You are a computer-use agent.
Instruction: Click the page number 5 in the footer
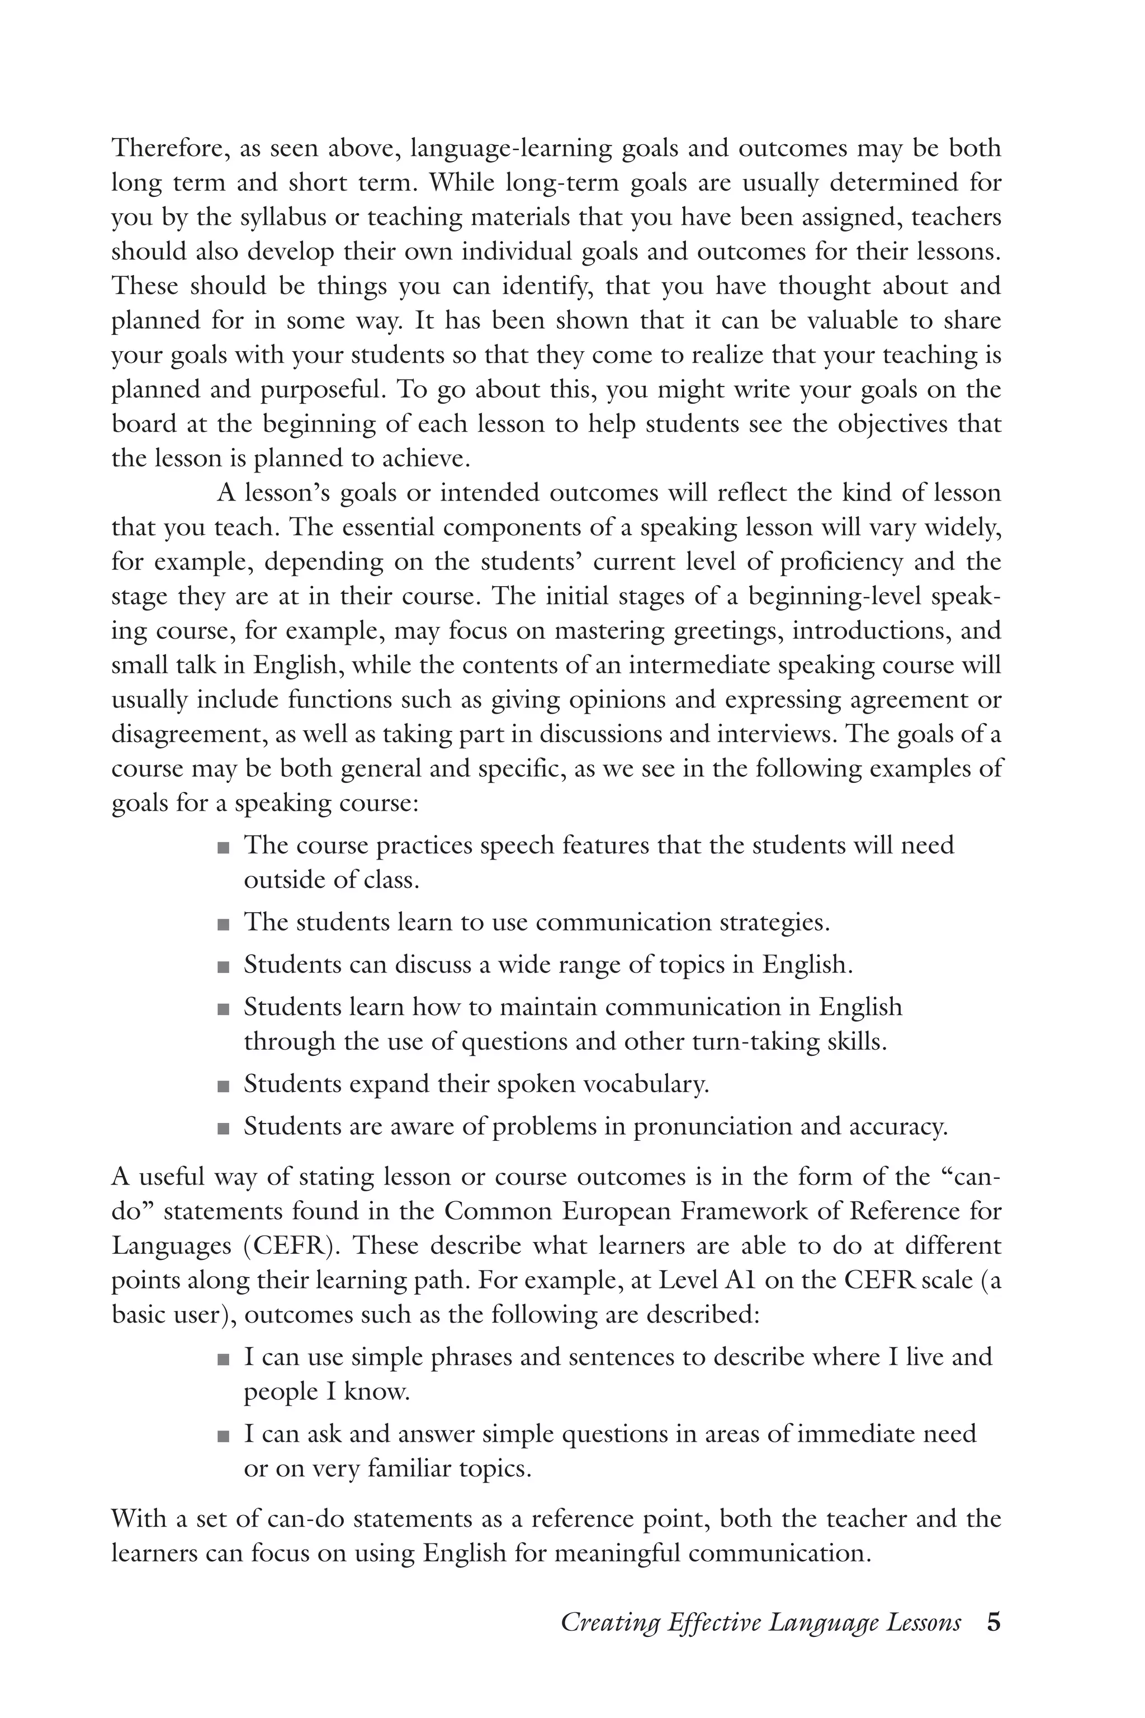[x=993, y=1623]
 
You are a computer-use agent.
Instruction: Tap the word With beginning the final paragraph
[x=139, y=1518]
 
